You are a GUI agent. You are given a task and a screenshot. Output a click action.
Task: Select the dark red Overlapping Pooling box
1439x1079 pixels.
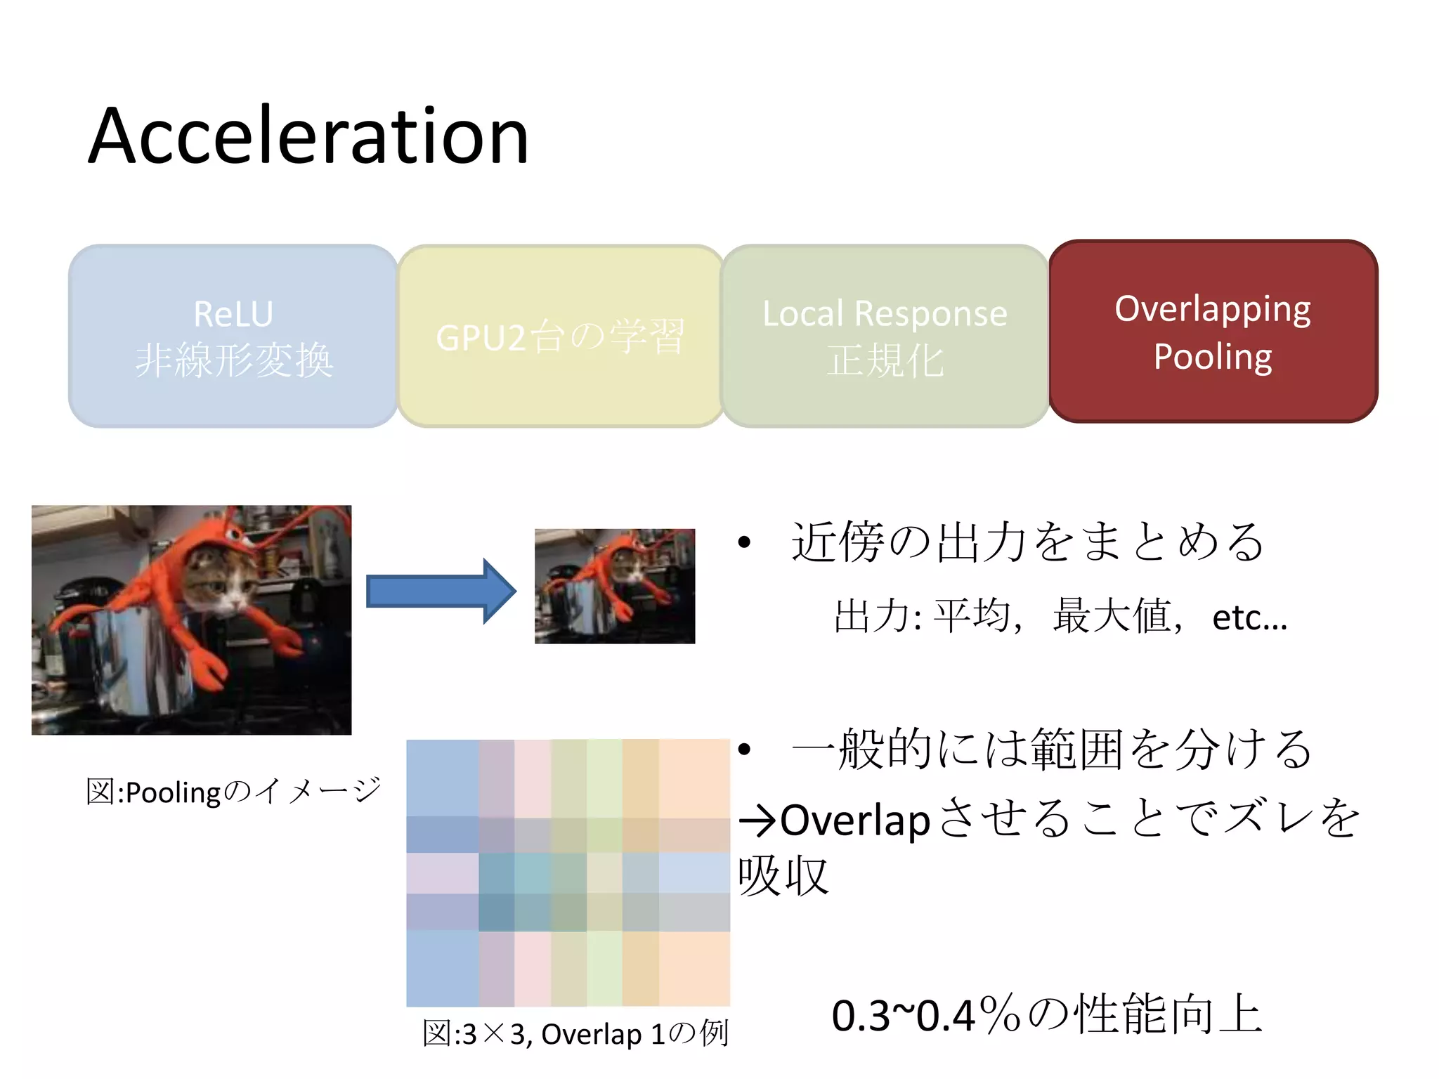1213,332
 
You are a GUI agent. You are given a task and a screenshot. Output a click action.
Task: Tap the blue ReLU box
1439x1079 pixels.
233,336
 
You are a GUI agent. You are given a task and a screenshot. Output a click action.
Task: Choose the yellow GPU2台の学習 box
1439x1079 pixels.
560,336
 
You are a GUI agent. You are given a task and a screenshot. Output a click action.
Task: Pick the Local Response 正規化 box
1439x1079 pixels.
885,336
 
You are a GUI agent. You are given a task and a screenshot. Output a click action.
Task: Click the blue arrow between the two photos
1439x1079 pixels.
441,591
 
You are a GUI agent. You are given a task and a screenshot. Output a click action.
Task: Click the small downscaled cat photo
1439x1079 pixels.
614,586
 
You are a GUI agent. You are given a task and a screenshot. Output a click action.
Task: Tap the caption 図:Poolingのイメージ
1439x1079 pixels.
233,792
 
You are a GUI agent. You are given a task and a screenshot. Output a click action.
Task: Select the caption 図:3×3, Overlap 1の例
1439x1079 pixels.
575,1033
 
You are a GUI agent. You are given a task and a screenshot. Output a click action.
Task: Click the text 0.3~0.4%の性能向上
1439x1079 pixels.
1047,1015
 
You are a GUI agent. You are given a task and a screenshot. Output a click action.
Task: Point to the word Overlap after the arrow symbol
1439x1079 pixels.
854,820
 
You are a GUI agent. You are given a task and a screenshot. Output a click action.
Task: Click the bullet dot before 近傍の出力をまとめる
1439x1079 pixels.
745,542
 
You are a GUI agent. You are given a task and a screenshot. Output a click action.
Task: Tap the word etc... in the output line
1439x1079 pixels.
1249,618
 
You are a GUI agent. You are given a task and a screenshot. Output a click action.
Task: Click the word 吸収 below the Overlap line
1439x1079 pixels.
783,876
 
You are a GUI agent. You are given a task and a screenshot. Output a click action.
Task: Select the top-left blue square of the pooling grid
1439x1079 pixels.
443,777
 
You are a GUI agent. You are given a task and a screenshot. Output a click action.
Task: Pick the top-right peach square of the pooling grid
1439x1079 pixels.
694,777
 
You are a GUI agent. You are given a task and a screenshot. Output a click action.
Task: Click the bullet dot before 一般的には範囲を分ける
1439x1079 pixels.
745,749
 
